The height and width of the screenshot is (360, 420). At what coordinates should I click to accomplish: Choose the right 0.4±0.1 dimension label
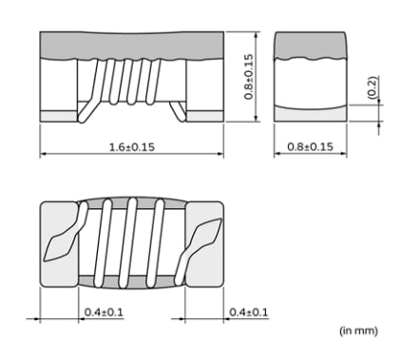[249, 313]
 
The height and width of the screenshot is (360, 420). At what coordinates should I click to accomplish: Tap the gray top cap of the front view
[131, 44]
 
